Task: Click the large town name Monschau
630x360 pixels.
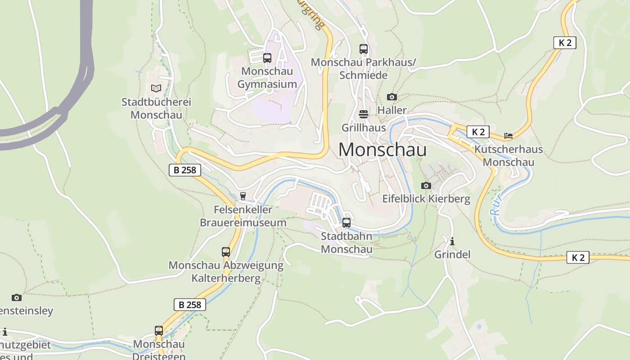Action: (x=382, y=149)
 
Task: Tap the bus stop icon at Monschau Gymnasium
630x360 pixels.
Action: (x=267, y=58)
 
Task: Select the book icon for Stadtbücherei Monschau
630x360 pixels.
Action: (x=156, y=89)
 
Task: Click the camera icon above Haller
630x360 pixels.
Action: (x=392, y=97)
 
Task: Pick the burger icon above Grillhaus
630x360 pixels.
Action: (x=364, y=114)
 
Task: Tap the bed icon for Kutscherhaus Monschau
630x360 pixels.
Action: (x=508, y=135)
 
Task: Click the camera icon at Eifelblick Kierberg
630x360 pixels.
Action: (x=426, y=185)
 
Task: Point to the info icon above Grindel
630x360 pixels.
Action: (x=452, y=241)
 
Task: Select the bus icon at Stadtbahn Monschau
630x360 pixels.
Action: (x=346, y=223)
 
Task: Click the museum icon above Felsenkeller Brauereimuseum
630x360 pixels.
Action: (x=243, y=196)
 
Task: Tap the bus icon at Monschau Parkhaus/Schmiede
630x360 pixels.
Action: (x=364, y=49)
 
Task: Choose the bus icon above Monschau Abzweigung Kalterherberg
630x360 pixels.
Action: (x=226, y=252)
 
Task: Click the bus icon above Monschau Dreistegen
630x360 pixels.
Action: (x=159, y=331)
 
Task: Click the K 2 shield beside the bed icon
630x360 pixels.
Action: (x=477, y=132)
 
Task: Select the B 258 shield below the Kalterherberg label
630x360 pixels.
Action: (x=190, y=305)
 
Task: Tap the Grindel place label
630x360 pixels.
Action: (x=452, y=255)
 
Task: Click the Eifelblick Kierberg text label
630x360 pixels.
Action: (x=426, y=199)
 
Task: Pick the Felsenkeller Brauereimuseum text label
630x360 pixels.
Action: (x=243, y=216)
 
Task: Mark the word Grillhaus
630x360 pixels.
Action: (x=364, y=128)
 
